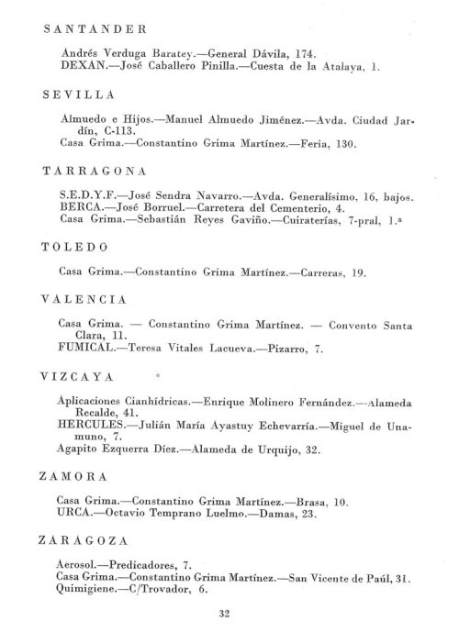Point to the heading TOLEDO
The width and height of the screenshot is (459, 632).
click(x=76, y=247)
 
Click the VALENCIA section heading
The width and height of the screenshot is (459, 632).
click(x=84, y=300)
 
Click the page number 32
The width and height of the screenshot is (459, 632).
click(x=226, y=613)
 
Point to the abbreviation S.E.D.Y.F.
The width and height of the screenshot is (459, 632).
click(x=81, y=196)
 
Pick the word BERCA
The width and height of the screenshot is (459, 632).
click(x=78, y=208)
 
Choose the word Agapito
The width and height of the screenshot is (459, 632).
click(x=80, y=450)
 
